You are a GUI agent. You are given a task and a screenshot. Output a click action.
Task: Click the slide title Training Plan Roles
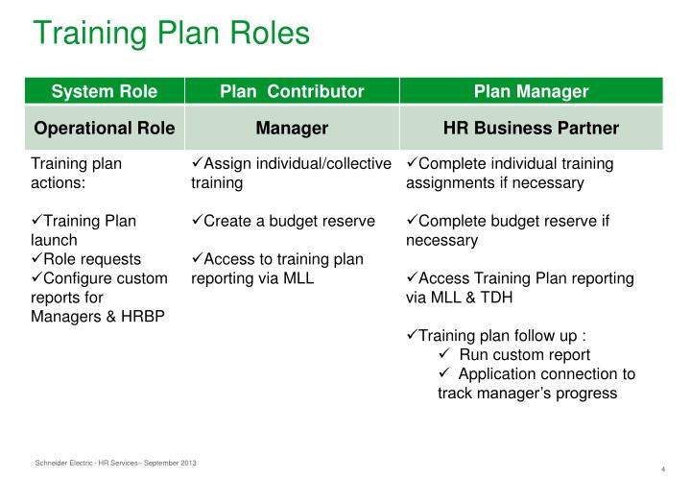(172, 34)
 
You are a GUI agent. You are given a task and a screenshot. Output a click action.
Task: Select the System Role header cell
(104, 92)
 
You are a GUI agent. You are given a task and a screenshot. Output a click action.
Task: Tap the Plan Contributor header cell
(292, 92)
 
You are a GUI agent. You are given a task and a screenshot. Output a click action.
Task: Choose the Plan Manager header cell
(531, 92)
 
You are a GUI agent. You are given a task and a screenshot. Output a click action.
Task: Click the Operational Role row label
(104, 128)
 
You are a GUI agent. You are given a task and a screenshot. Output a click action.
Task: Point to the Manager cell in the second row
(292, 128)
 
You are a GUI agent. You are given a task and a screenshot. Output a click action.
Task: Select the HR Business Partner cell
(531, 128)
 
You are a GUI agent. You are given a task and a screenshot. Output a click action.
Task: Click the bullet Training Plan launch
(84, 230)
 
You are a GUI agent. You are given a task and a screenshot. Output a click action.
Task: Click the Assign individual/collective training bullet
(291, 173)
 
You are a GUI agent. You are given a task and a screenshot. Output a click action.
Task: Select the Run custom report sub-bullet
(523, 355)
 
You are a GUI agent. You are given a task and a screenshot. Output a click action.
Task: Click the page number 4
(663, 467)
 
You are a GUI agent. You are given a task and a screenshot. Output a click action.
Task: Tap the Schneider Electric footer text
(115, 464)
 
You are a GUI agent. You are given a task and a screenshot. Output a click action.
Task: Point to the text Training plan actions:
(77, 173)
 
